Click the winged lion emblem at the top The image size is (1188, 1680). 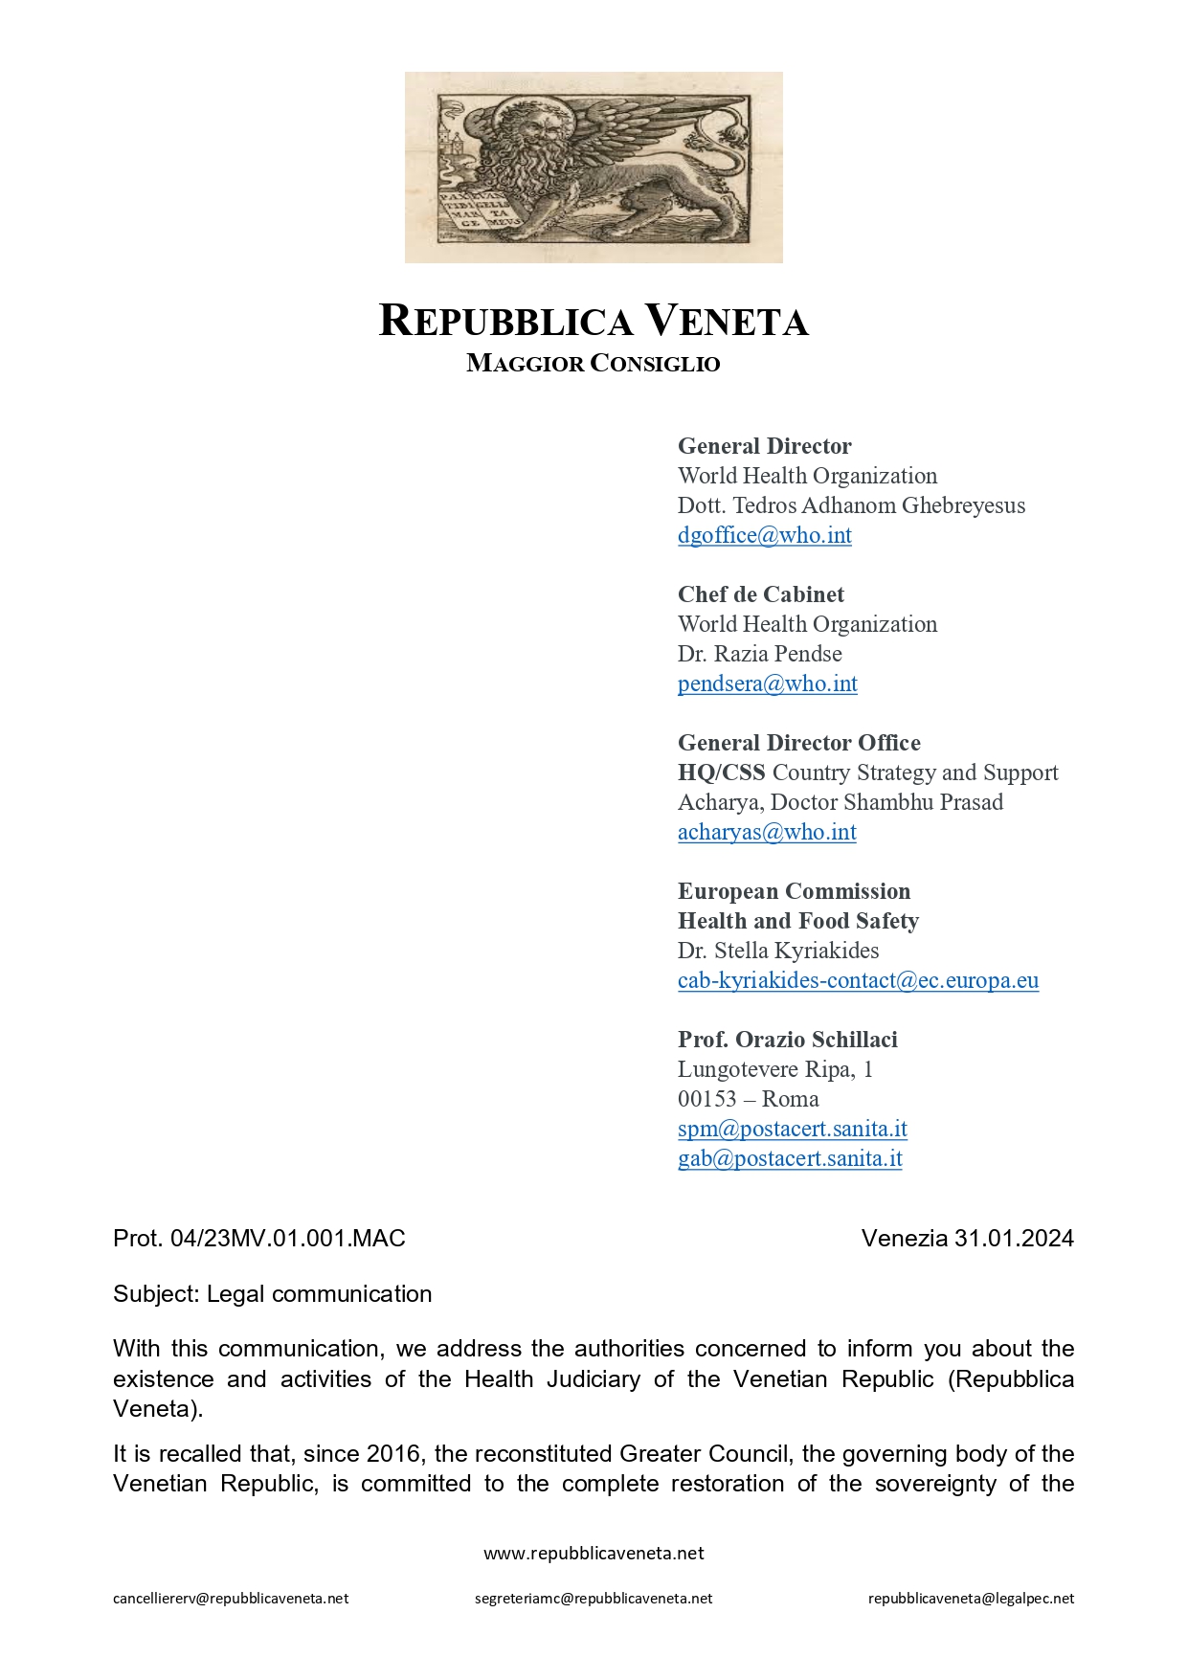pos(594,168)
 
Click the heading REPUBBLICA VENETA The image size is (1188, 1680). pos(594,321)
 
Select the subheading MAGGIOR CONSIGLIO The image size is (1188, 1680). pos(594,364)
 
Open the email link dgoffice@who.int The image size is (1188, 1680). pos(764,535)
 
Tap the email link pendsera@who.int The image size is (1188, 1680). pos(767,683)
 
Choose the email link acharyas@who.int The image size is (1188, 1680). pos(767,832)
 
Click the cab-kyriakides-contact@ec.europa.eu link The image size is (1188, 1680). pos(858,980)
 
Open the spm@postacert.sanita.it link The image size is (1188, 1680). pos(792,1129)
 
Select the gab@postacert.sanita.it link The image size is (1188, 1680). pos(790,1158)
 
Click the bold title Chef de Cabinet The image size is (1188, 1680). pos(761,594)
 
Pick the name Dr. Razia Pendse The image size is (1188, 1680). pos(760,654)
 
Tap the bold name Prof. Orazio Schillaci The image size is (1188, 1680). pos(787,1040)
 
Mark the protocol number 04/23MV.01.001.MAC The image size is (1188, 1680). pos(287,1239)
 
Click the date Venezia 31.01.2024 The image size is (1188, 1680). pos(967,1239)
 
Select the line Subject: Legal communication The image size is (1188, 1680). pos(273,1294)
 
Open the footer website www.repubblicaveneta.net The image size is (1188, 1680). pos(594,1554)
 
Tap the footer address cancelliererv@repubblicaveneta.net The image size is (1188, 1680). pos(231,1599)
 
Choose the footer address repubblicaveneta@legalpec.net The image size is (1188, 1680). pos(971,1599)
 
